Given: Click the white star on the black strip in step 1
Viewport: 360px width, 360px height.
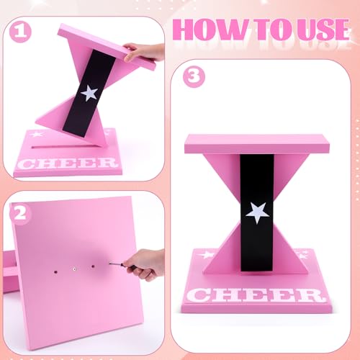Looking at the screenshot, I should click(90, 93).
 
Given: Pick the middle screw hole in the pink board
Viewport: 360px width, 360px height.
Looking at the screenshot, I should click(74, 269).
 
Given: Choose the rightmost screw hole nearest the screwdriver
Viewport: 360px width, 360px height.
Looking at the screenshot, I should click(92, 267).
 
